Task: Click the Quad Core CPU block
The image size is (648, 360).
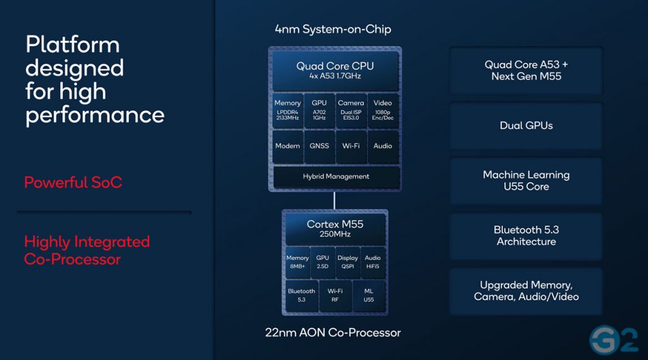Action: pos(335,71)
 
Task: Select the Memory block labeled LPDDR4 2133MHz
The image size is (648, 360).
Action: pos(287,110)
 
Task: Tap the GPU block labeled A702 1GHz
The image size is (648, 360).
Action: pos(319,110)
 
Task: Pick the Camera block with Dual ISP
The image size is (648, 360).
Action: pos(351,110)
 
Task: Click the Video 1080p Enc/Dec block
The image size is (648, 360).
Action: pos(383,110)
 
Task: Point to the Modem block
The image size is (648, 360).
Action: pos(287,146)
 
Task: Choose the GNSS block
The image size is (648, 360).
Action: pos(319,146)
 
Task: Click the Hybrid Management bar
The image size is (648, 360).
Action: pos(335,177)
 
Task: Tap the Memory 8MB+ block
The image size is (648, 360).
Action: pos(297,263)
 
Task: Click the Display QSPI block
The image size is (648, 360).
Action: pos(347,263)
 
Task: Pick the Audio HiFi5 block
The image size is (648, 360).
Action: pos(373,263)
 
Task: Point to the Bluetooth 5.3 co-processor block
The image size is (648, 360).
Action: pos(301,295)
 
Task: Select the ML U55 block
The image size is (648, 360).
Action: pos(368,295)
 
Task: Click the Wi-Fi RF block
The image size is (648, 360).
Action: pos(335,295)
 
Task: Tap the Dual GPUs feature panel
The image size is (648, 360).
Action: pos(526,125)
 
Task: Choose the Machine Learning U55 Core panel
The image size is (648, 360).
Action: pos(526,180)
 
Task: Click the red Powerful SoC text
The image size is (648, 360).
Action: pos(73,183)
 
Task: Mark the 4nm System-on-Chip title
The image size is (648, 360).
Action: pos(333,29)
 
